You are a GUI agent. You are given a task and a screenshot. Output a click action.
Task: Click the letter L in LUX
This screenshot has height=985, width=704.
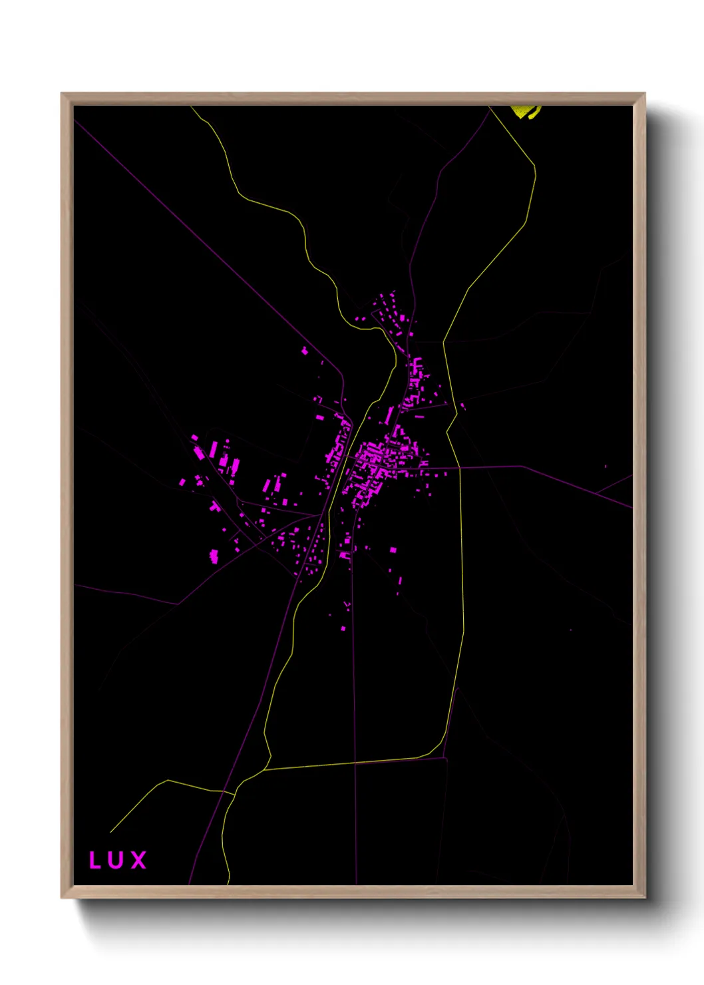tap(94, 860)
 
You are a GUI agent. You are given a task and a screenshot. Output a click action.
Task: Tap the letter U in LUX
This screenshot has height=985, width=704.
tap(116, 860)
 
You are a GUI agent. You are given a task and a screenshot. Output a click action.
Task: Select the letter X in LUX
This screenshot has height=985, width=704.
tap(138, 860)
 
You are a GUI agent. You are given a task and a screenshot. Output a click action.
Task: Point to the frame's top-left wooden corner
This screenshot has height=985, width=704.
tap(67, 98)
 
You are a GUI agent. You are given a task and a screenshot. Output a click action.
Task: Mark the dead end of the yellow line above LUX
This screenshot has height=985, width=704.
tap(110, 832)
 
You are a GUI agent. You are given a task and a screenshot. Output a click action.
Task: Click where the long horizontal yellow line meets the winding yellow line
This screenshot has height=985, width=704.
tap(265, 770)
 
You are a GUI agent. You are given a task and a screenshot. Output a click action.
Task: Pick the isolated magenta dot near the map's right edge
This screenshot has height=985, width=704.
tap(606, 466)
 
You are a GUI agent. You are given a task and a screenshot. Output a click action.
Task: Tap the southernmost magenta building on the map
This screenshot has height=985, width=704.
tap(343, 628)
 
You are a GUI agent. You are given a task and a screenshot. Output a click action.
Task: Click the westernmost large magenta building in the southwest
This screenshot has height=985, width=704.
tap(214, 556)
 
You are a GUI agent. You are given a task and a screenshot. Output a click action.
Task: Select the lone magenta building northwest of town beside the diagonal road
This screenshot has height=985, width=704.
tap(305, 350)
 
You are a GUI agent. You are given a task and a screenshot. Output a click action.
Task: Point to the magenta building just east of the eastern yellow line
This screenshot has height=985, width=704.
tap(462, 405)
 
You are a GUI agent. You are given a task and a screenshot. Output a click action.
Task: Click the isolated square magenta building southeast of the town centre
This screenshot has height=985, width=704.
tap(393, 550)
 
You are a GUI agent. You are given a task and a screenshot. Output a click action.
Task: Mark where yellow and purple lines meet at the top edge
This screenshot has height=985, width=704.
tap(490, 107)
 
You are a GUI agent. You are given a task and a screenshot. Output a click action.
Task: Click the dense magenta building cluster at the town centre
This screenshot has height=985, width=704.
tap(373, 459)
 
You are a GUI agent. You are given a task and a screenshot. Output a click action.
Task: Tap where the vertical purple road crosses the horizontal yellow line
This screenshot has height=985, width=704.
tap(355, 763)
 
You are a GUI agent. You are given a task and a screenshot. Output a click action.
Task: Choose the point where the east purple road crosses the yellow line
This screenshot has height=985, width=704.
tap(460, 467)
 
